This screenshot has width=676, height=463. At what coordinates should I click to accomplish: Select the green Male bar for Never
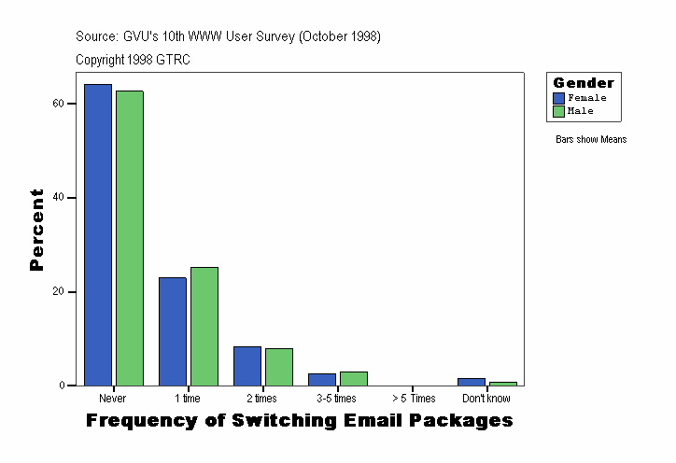point(130,238)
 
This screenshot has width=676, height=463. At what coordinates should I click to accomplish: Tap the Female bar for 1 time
point(173,331)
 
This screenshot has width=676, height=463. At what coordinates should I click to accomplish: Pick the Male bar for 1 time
point(204,327)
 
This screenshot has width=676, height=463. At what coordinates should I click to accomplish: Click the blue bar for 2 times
point(247,366)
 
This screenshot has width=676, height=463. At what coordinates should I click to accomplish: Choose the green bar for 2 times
point(279,367)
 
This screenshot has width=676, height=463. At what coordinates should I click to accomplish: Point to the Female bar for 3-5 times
point(322,379)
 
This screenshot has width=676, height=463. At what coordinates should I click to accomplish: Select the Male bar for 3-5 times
point(353,378)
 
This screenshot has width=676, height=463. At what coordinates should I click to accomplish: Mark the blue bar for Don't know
point(472,382)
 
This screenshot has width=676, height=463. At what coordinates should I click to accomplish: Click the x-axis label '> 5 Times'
point(412,399)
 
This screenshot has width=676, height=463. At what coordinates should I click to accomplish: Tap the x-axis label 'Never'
point(113,399)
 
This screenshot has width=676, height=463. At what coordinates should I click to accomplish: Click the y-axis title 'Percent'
point(36,230)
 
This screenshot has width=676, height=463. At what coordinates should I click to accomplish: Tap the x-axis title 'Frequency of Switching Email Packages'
point(300,421)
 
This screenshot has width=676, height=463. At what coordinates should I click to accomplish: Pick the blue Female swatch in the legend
point(559,98)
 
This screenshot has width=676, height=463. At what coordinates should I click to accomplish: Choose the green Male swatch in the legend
point(559,111)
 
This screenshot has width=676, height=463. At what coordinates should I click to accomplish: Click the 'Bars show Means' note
point(591,140)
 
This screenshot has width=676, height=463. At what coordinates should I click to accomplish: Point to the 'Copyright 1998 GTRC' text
point(133,60)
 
